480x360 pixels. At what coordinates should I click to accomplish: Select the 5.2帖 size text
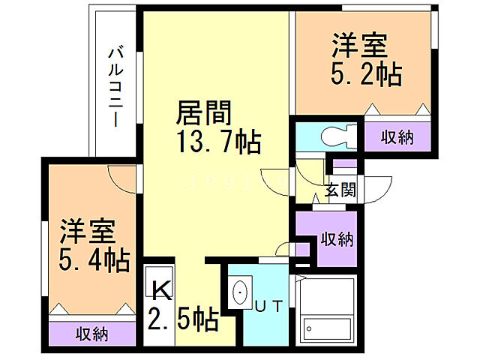366,73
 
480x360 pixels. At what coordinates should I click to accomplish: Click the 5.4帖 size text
94,260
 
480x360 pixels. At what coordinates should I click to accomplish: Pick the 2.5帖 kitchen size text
183,320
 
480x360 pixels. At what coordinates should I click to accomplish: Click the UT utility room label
268,305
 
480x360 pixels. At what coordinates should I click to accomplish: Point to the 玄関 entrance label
340,189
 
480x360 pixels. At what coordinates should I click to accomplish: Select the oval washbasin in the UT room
241,291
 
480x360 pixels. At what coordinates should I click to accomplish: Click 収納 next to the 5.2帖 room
397,136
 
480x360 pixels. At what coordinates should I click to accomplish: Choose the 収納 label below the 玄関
337,239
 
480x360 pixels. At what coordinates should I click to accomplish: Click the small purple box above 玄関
345,163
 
